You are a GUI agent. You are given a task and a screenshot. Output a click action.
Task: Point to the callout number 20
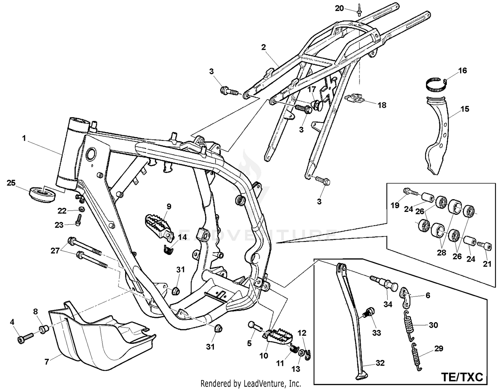tap(339, 8)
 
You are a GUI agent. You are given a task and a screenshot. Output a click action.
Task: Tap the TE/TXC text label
tap(462, 377)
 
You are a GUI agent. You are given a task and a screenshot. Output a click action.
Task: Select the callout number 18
tap(382, 105)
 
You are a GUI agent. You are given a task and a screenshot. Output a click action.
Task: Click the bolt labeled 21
tap(485, 247)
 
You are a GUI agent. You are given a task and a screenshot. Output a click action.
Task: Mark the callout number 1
tap(24, 138)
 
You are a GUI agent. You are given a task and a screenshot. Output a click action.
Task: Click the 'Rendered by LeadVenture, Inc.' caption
tap(250, 383)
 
